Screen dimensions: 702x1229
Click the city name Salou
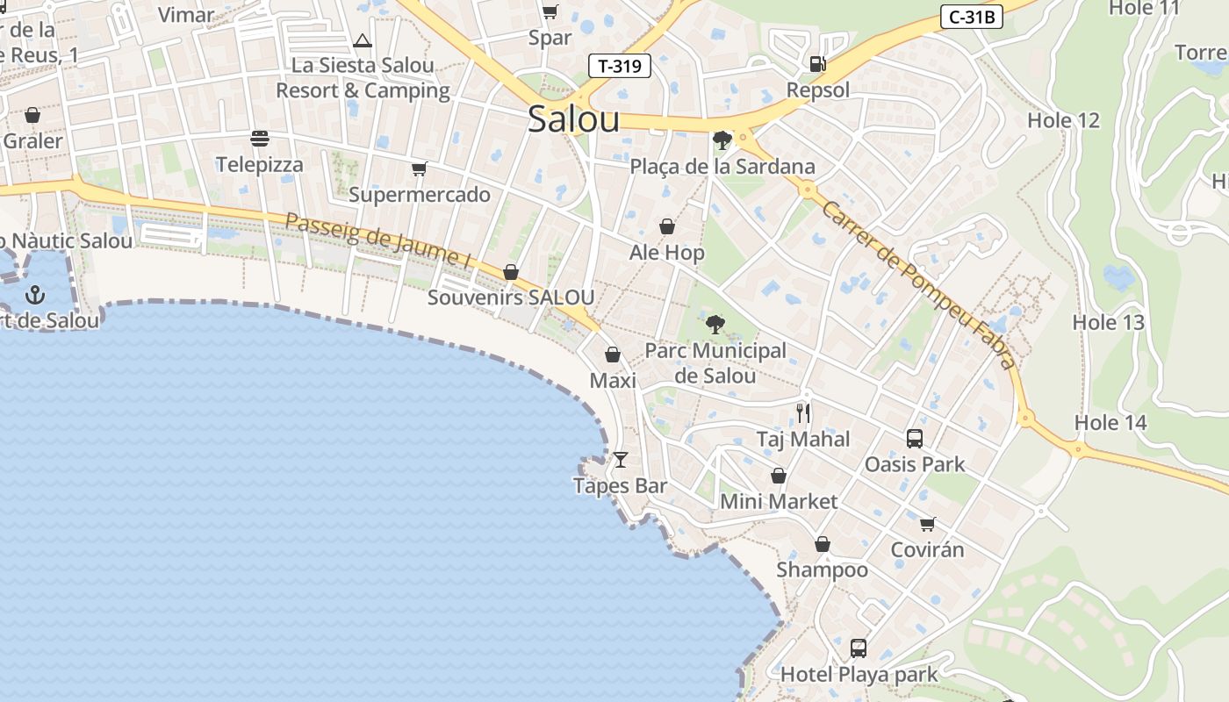pyautogui.click(x=573, y=120)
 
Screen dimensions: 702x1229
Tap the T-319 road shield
pyautogui.click(x=620, y=66)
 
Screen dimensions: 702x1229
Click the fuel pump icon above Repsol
pyautogui.click(x=817, y=63)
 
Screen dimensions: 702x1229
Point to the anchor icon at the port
pyautogui.click(x=35, y=294)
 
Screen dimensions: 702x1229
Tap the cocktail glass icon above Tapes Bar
pyautogui.click(x=621, y=459)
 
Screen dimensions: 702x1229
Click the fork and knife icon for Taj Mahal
pyautogui.click(x=803, y=412)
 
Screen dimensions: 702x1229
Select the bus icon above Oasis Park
pyautogui.click(x=914, y=438)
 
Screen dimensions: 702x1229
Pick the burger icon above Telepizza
pyautogui.click(x=259, y=138)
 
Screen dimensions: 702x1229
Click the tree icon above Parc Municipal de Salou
pyautogui.click(x=715, y=325)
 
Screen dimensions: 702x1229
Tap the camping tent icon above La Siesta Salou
pyautogui.click(x=363, y=40)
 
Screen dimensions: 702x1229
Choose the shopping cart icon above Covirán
pyautogui.click(x=927, y=524)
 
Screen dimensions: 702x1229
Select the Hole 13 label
pyautogui.click(x=1108, y=322)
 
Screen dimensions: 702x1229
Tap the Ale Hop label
pyautogui.click(x=667, y=253)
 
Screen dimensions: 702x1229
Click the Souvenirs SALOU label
pyautogui.click(x=511, y=297)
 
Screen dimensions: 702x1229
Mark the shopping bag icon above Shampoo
pyautogui.click(x=823, y=544)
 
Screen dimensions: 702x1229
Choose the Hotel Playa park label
pyautogui.click(x=859, y=675)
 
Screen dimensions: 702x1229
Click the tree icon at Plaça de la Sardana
pyautogui.click(x=722, y=140)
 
